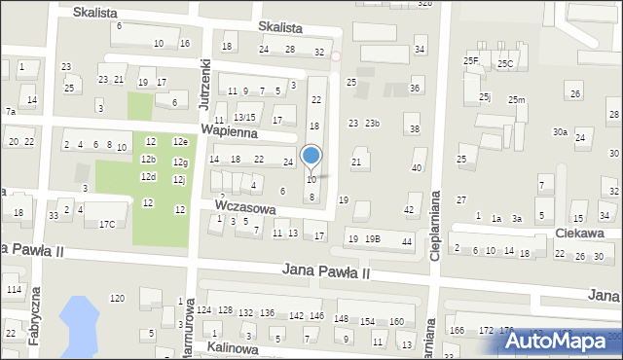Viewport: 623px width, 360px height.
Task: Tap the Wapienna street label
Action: tap(228, 130)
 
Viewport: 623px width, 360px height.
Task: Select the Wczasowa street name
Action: tap(246, 208)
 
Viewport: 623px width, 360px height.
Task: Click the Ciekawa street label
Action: tap(580, 234)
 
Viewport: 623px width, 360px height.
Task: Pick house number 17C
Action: tap(106, 225)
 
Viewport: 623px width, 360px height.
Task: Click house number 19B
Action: tap(374, 239)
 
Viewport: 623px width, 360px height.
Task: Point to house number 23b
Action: tap(372, 124)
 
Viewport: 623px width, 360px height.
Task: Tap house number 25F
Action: tap(472, 61)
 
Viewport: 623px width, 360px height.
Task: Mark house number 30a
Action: tap(560, 132)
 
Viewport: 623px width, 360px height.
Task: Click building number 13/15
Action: tap(243, 118)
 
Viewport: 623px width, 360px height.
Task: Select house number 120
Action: tap(117, 298)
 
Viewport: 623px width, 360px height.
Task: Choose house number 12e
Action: tap(180, 142)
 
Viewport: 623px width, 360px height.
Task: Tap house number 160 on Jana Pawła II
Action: tap(395, 321)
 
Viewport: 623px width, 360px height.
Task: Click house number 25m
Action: tap(516, 100)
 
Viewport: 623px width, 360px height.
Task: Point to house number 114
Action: tap(13, 290)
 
